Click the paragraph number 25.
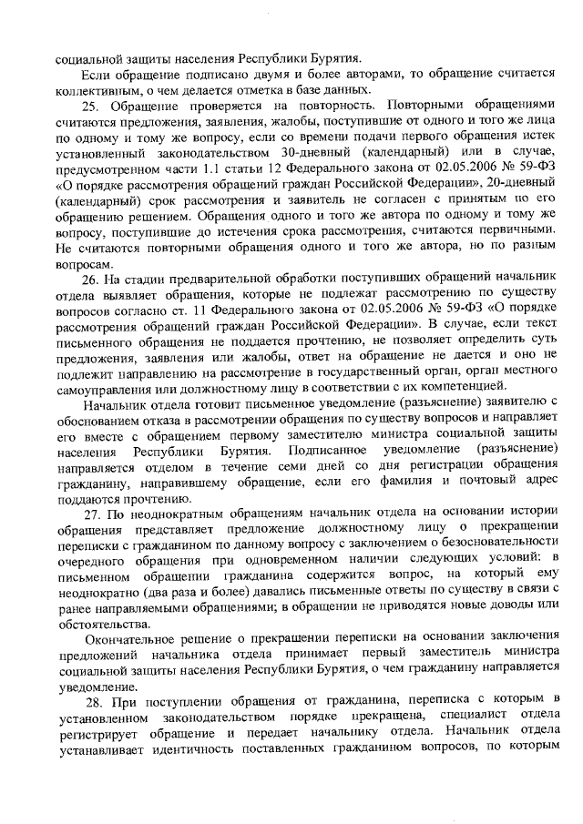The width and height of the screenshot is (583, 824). [x=88, y=107]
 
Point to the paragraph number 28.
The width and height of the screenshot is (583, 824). [x=88, y=699]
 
